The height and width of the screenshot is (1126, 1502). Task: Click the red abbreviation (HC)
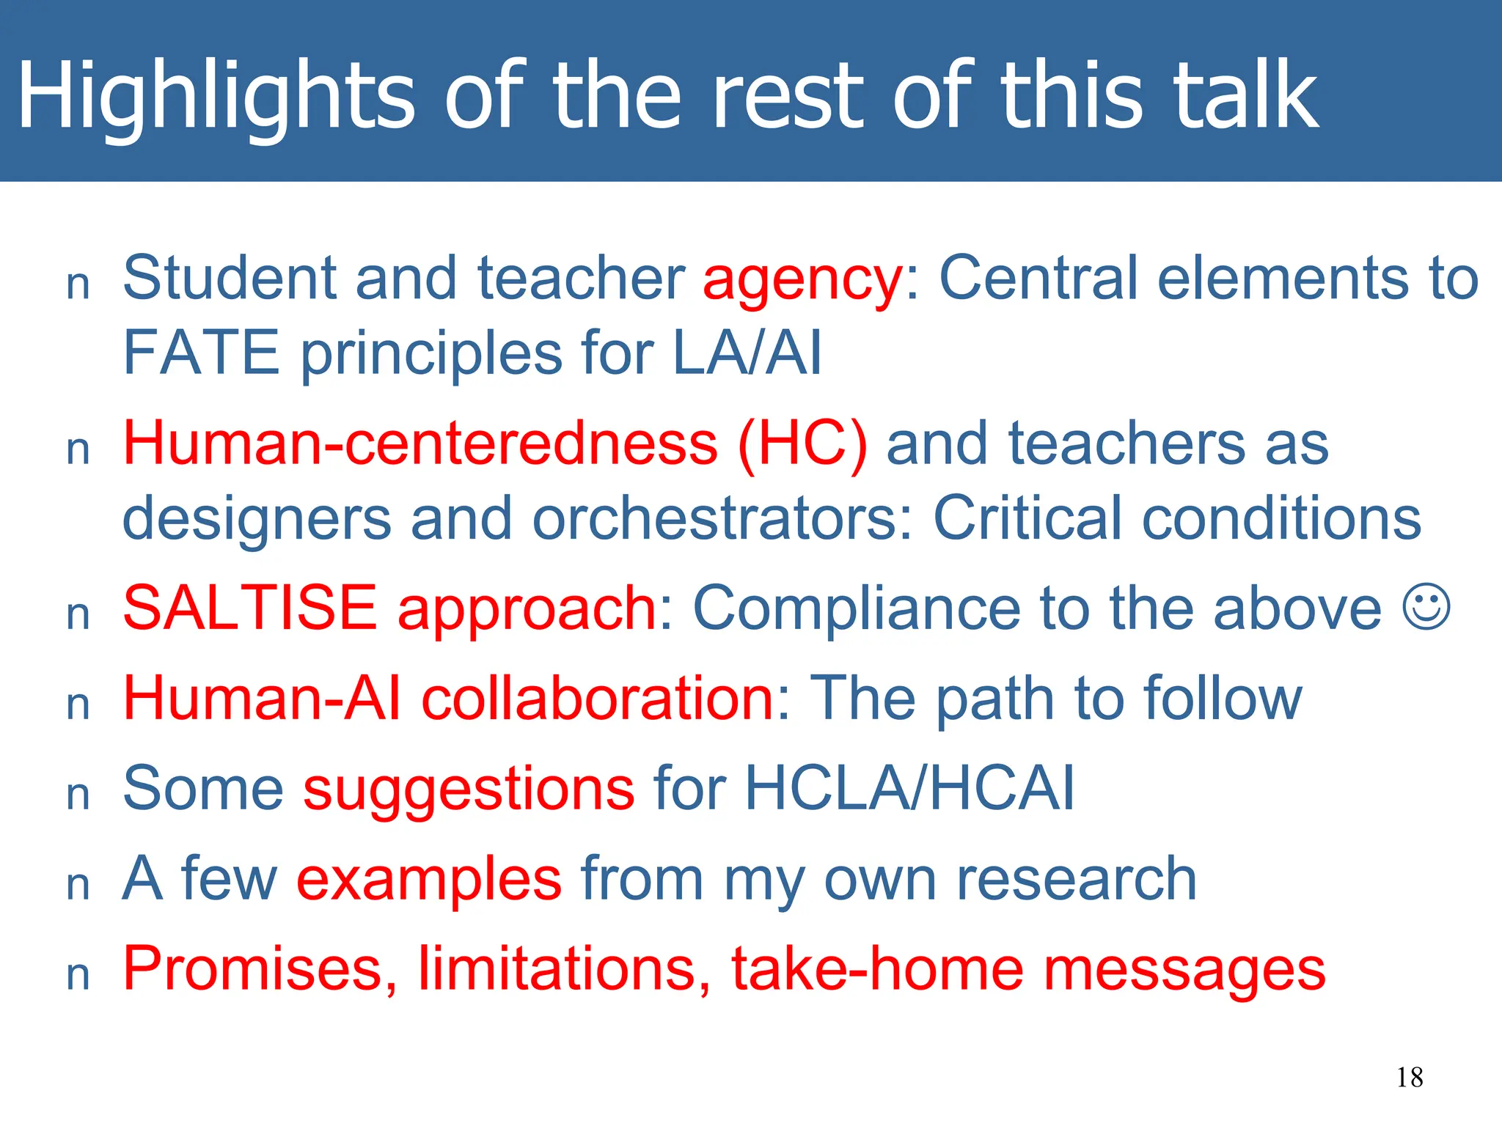802,444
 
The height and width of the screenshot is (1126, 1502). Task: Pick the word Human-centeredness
420,444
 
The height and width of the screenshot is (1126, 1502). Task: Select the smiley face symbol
1426,607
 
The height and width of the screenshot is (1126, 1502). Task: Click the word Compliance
855,609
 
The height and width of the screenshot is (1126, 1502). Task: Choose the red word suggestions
469,790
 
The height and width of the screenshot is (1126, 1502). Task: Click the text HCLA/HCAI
909,789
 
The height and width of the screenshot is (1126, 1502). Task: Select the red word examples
429,880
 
